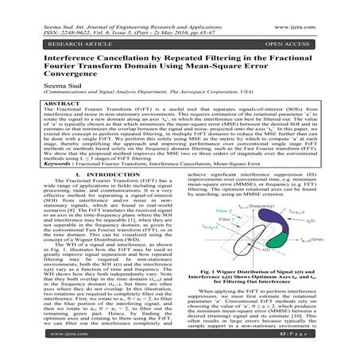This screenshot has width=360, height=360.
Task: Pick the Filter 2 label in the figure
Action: [x=205, y=234]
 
